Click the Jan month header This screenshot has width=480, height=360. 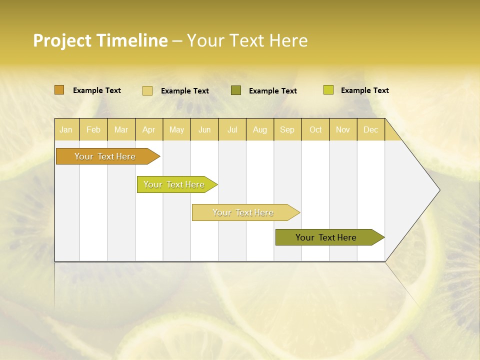pos(66,130)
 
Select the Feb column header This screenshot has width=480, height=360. pos(93,130)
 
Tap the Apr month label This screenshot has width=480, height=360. pos(149,130)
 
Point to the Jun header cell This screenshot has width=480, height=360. pos(204,130)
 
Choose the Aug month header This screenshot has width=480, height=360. pos(260,130)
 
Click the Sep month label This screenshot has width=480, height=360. pos(287,130)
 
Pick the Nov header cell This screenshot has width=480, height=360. pos(343,130)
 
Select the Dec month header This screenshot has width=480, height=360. pos(371,130)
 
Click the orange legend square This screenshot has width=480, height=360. pos(59,90)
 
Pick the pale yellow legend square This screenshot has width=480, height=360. pos(147,90)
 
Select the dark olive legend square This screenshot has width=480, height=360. pos(236,90)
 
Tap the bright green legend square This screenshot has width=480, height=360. pos(328,90)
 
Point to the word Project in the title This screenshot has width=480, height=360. pos(62,40)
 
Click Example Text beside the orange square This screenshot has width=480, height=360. pos(97,90)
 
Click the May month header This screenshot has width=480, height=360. pos(176,130)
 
